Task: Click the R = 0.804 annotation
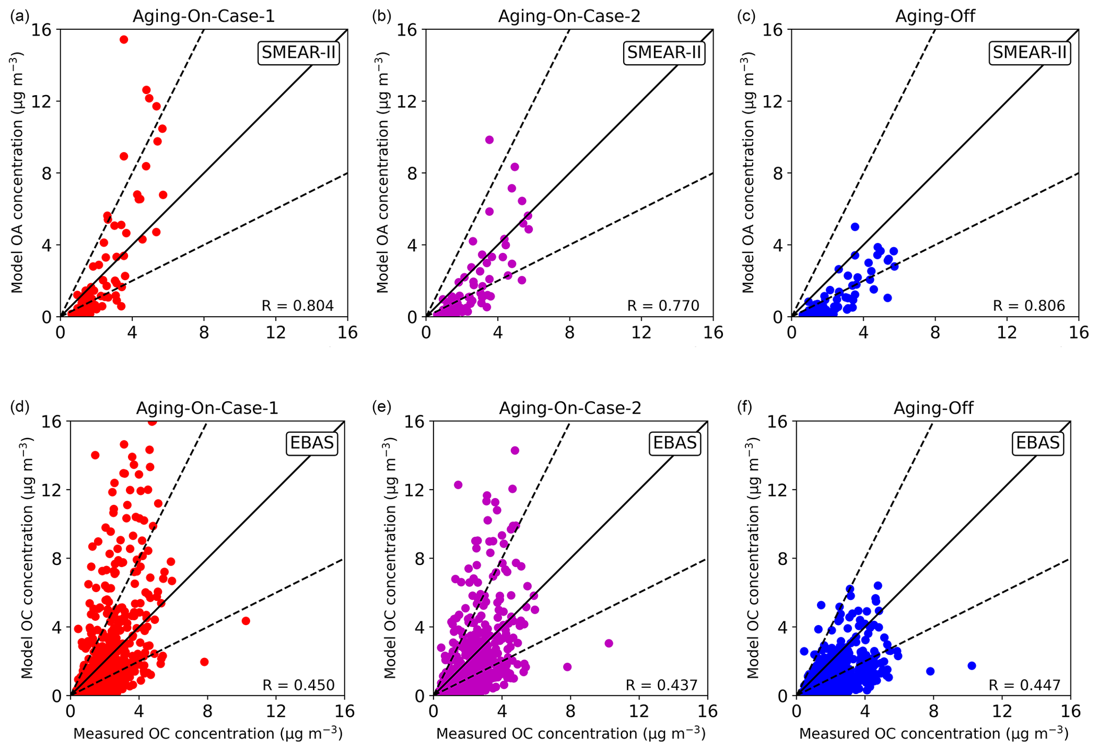(x=297, y=306)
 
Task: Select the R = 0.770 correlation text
(x=663, y=306)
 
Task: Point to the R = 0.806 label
(x=1029, y=306)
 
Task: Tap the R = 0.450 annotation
(x=299, y=685)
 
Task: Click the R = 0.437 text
(x=661, y=685)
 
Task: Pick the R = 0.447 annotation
(x=1024, y=685)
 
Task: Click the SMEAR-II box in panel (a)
(x=299, y=53)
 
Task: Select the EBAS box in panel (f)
(x=1037, y=443)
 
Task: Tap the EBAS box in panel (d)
(x=312, y=443)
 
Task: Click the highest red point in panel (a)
(x=124, y=39)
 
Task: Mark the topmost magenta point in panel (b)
(x=489, y=140)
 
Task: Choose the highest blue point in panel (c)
(x=855, y=227)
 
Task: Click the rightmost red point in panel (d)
(x=245, y=621)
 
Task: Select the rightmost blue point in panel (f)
(x=972, y=665)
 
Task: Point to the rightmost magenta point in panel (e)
(x=609, y=643)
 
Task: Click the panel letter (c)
(x=746, y=16)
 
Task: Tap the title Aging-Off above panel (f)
(x=933, y=408)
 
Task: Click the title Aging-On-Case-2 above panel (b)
(x=569, y=16)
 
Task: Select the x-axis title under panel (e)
(x=571, y=734)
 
